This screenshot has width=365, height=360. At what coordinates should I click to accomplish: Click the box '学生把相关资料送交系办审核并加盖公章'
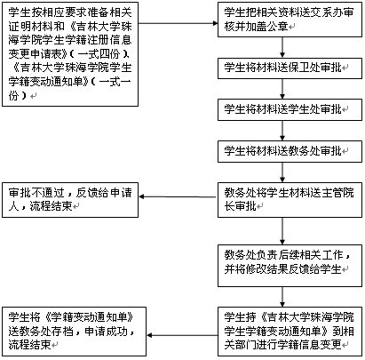[290, 20]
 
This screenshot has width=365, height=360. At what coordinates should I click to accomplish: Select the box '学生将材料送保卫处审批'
[290, 68]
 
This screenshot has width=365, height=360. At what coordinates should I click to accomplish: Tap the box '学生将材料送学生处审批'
[290, 110]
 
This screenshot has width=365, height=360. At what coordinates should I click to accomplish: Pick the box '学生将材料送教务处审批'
[290, 151]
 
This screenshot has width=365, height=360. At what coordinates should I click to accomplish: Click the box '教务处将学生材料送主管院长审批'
[290, 200]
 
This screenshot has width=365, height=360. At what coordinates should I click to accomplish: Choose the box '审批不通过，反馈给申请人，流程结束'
[70, 200]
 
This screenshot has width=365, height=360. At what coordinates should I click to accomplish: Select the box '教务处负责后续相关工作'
[290, 266]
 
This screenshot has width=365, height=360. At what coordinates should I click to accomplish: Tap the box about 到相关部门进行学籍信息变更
[290, 332]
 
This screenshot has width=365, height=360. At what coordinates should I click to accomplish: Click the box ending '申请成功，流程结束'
[74, 332]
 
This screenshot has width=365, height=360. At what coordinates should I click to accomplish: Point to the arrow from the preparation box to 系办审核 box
[178, 23]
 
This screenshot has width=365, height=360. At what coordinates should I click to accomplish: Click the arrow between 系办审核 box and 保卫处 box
[282, 47]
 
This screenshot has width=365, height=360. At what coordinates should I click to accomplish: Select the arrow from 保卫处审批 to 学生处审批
[282, 89]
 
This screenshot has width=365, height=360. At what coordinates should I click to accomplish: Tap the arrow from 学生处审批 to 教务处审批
[282, 131]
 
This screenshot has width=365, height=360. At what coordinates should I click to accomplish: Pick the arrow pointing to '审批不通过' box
[178, 196]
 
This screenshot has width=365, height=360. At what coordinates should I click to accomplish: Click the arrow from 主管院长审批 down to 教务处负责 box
[282, 231]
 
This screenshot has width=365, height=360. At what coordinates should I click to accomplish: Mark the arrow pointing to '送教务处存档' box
[182, 335]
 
